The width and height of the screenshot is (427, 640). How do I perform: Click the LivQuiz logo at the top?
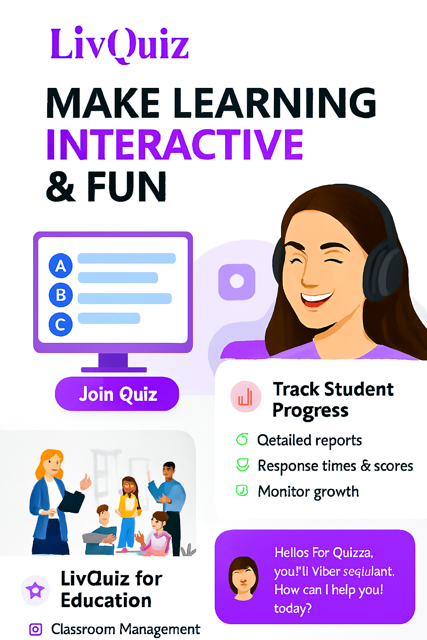click(x=120, y=44)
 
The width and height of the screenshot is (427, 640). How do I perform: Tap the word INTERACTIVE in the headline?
click(x=175, y=145)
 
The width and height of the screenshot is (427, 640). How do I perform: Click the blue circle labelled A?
click(x=61, y=265)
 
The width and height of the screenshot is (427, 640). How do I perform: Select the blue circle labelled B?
click(x=61, y=295)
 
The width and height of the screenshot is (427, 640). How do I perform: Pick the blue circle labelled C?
click(x=61, y=324)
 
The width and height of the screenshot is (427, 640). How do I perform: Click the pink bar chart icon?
click(x=246, y=397)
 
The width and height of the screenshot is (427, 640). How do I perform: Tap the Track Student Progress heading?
click(x=332, y=399)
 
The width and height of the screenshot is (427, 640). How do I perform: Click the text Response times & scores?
click(x=335, y=466)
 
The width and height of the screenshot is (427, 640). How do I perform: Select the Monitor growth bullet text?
click(x=308, y=492)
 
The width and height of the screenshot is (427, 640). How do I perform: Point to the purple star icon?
click(x=35, y=590)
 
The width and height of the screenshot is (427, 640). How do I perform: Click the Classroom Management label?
click(x=126, y=629)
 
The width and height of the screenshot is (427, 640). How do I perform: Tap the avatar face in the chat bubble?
click(x=244, y=578)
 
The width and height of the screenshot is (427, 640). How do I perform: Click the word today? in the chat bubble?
click(x=293, y=609)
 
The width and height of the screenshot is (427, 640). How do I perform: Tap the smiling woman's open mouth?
click(x=317, y=299)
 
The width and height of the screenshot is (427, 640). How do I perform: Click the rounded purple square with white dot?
click(x=237, y=282)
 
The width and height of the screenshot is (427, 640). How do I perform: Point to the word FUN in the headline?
click(x=126, y=187)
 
